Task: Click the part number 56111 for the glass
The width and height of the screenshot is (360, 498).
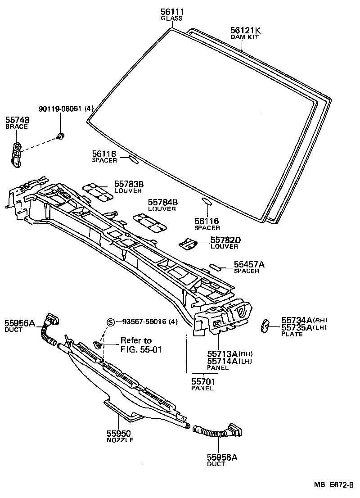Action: tap(171, 12)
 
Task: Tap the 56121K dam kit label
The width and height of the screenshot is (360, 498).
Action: tap(245, 30)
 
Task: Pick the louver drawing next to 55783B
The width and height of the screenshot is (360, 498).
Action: tap(98, 192)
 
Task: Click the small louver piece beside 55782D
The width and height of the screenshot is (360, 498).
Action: tap(188, 244)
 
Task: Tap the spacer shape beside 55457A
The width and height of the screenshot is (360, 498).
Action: tap(216, 267)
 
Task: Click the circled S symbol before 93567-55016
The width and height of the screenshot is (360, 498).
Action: tap(110, 321)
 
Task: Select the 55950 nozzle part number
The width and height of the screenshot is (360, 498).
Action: tap(119, 433)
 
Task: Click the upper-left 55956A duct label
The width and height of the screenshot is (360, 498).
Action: tap(20, 323)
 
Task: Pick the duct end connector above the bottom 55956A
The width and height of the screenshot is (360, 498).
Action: tap(234, 430)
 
